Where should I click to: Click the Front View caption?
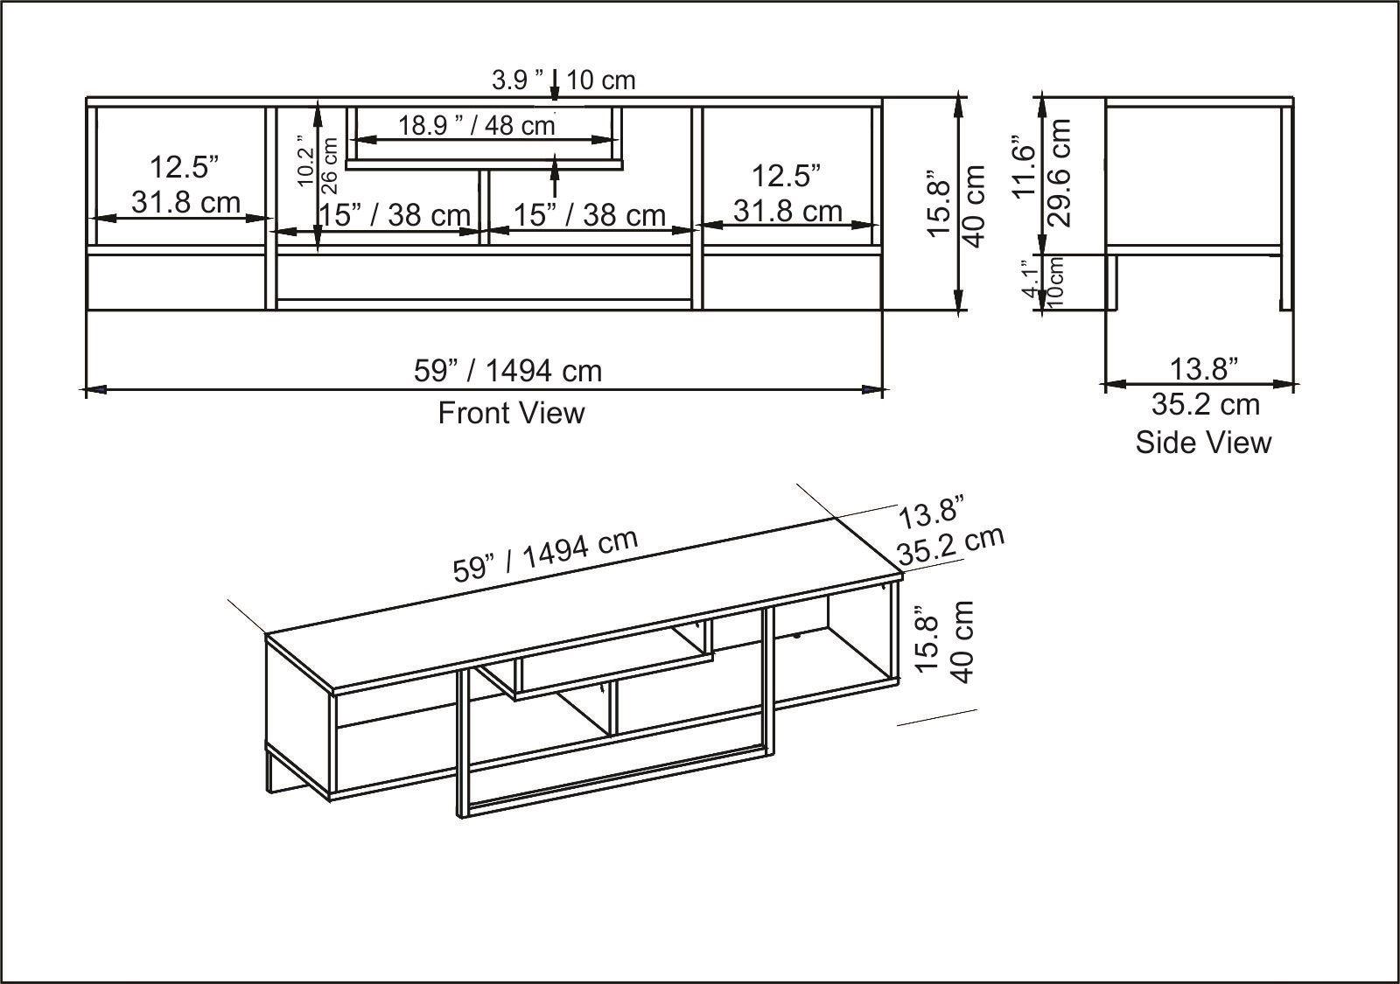(511, 412)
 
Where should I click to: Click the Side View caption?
(1203, 442)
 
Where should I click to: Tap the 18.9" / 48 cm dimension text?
(477, 125)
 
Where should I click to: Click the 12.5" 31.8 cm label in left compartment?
(184, 184)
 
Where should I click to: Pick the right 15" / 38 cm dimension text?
(589, 214)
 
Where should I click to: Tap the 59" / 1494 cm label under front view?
(507, 371)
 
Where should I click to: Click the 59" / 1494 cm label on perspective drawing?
(544, 556)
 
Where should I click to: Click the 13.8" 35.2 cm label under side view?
(1205, 387)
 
